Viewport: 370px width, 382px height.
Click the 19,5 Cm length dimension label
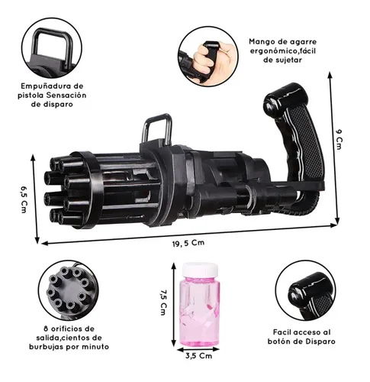(x=188, y=243)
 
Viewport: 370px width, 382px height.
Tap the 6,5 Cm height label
(x=24, y=199)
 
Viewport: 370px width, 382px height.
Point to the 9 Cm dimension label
(x=339, y=139)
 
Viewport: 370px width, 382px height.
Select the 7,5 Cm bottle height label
(x=163, y=303)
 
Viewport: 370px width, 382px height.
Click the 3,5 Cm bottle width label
(x=198, y=355)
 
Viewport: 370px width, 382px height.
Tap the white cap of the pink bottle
(x=200, y=270)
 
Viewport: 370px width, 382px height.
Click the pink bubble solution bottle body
(x=200, y=312)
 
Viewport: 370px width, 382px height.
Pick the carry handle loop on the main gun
(x=157, y=128)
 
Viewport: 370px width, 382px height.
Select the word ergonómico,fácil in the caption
(x=282, y=51)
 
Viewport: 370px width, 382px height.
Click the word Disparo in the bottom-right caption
(x=320, y=342)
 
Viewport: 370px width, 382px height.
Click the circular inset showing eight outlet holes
(x=69, y=290)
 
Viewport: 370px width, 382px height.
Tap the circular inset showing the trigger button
(x=306, y=290)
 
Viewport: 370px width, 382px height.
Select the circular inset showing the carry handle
(x=52, y=48)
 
